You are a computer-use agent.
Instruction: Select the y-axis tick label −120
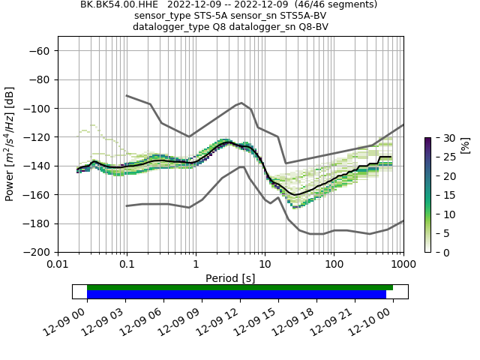(x=36, y=137)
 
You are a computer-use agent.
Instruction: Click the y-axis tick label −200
(x=36, y=252)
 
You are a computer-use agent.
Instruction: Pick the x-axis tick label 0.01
(x=58, y=265)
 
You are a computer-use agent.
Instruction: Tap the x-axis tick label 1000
(x=403, y=265)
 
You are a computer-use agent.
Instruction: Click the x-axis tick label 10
(x=265, y=265)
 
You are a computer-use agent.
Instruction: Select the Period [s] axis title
(x=230, y=277)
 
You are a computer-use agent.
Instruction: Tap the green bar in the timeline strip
(x=240, y=287)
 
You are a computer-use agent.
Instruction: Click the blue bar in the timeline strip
(x=236, y=295)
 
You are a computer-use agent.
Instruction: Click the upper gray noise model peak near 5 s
(x=241, y=103)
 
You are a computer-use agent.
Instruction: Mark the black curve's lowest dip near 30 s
(x=297, y=195)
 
